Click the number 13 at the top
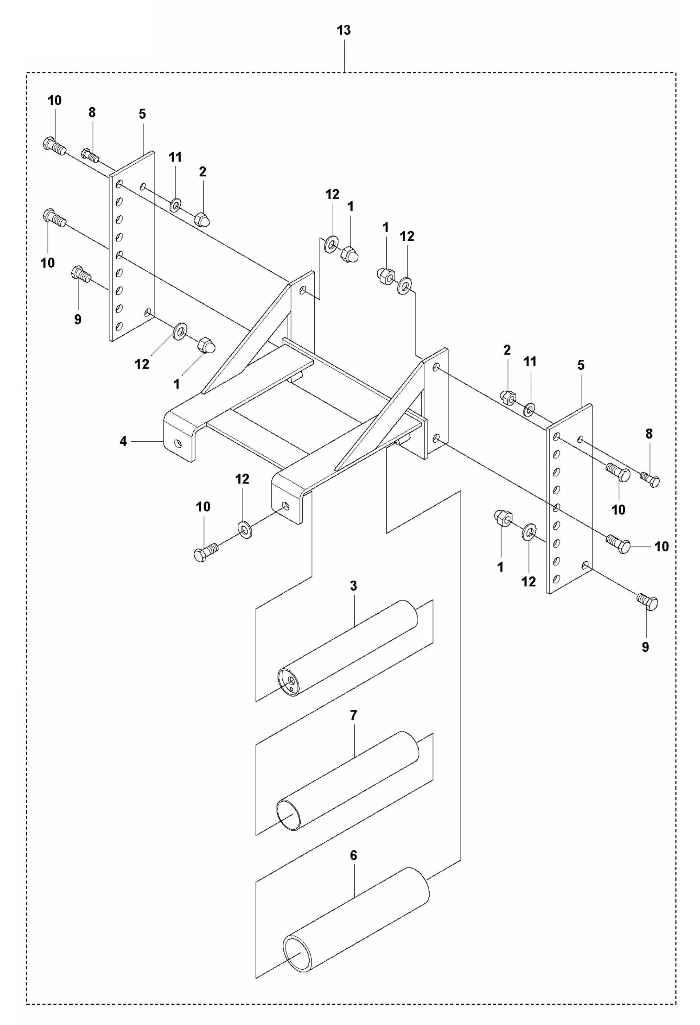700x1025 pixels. pos(343,31)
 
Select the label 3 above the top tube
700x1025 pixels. pos(353,586)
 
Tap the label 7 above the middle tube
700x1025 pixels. pos(353,715)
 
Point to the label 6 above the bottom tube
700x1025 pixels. pos(353,856)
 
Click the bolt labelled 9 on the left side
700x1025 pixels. pos(80,274)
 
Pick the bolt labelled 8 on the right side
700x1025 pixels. pos(650,479)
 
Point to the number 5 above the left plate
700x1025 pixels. pos(142,114)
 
